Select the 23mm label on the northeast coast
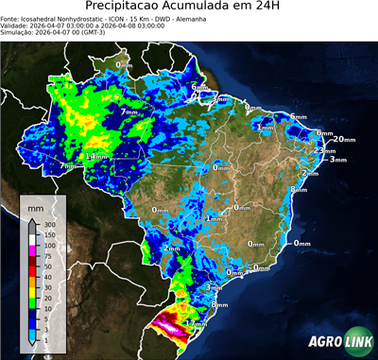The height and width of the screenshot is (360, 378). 324,150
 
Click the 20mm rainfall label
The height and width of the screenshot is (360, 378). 345,140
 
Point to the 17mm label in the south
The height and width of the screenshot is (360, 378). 197,323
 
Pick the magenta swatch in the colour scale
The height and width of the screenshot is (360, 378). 32,250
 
